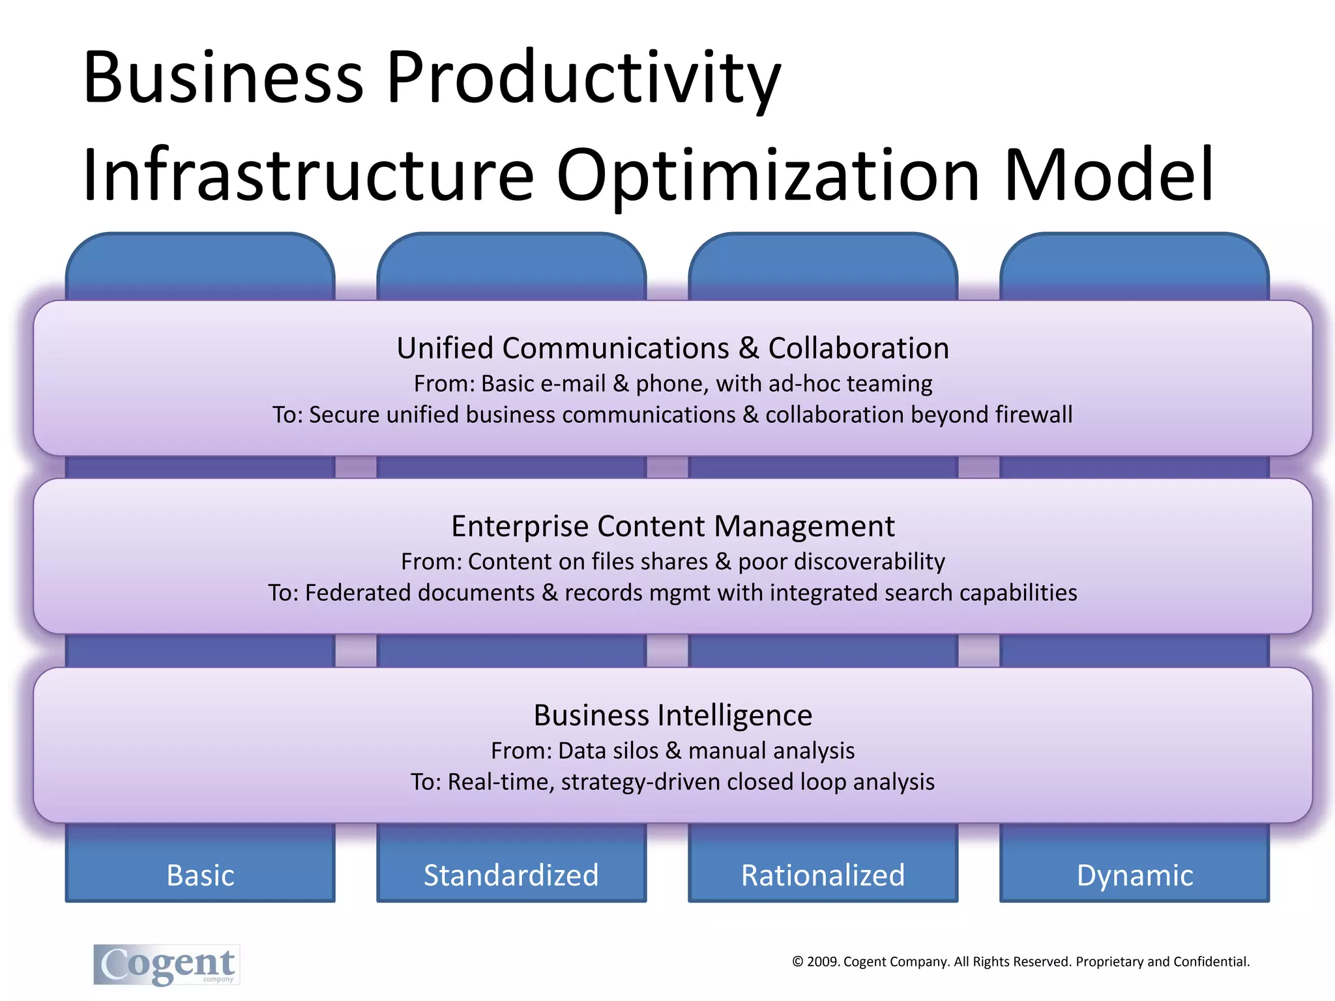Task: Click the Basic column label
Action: (x=200, y=875)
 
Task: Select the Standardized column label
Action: (x=511, y=875)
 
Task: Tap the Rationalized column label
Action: (x=823, y=875)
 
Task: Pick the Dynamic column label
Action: (x=1134, y=875)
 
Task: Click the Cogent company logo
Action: (x=167, y=965)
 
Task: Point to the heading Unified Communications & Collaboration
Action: (x=673, y=348)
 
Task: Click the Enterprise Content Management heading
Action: (x=673, y=526)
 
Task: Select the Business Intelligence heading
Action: (x=673, y=715)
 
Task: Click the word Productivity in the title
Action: (x=583, y=78)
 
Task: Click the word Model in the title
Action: (x=1108, y=175)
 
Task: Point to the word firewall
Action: (x=1034, y=414)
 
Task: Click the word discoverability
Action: (x=841, y=561)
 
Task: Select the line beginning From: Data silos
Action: (x=673, y=751)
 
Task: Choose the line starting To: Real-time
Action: (x=673, y=781)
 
